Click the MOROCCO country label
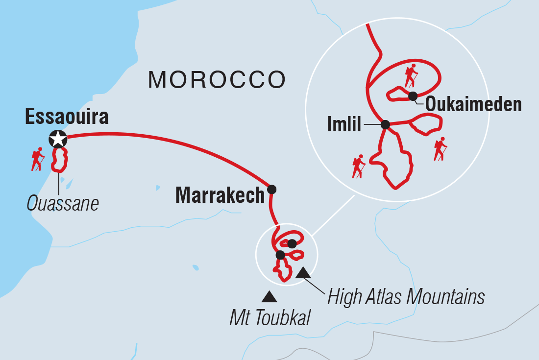coord(217,79)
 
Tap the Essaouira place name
coord(67,117)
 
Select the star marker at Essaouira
coord(58,139)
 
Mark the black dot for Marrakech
coord(271,189)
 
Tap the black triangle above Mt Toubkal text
coord(269,296)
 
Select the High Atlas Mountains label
coord(406,296)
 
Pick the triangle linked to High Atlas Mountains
coord(303,273)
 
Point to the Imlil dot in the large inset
coord(385,124)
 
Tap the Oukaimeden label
coord(473,104)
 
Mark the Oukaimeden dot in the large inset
coord(413,96)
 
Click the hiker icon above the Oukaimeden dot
coord(411,76)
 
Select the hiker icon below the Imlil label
coord(359,167)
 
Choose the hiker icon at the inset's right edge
coord(441,149)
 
